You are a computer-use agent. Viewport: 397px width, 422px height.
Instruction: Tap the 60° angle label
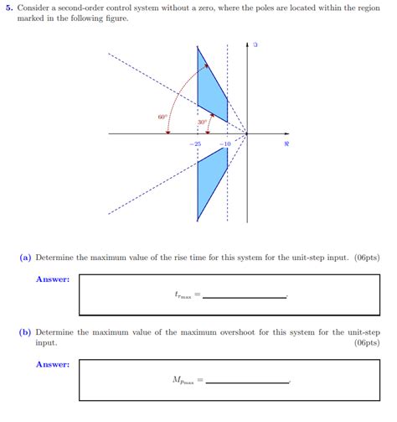pyautogui.click(x=162, y=117)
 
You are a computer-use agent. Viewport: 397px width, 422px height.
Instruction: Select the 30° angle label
pyautogui.click(x=202, y=122)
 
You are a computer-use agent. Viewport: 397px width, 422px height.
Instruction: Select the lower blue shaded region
pyautogui.click(x=209, y=180)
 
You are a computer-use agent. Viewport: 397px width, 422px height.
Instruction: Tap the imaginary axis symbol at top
pyautogui.click(x=255, y=44)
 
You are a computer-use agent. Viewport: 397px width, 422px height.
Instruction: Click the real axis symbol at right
pyautogui.click(x=286, y=144)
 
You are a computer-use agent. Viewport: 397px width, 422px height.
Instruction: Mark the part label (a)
pyautogui.click(x=26, y=258)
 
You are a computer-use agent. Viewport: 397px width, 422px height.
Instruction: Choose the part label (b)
pyautogui.click(x=26, y=332)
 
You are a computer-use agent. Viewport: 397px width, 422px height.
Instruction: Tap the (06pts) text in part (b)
pyautogui.click(x=367, y=343)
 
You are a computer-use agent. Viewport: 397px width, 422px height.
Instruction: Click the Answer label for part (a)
pyautogui.click(x=52, y=279)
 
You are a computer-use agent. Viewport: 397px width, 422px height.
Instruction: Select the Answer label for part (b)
pyautogui.click(x=52, y=364)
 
